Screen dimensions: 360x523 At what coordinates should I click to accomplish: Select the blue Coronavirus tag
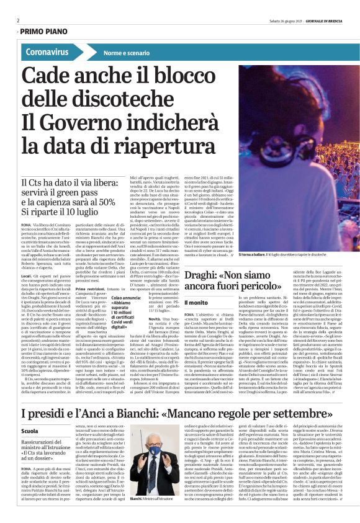tap(48, 52)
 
